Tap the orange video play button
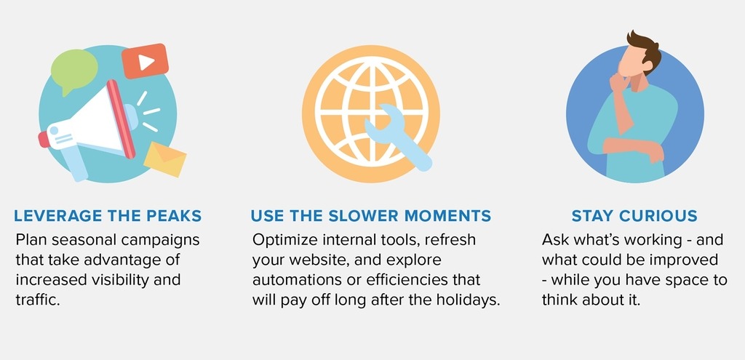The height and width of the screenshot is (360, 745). [145, 61]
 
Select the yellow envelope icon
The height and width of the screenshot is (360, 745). [165, 159]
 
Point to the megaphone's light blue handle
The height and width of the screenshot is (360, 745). [75, 162]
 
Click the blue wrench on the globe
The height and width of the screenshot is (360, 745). [398, 137]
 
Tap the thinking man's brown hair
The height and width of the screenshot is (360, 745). [645, 49]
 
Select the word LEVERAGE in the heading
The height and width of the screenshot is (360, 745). [58, 215]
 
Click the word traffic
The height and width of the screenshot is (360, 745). [38, 300]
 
